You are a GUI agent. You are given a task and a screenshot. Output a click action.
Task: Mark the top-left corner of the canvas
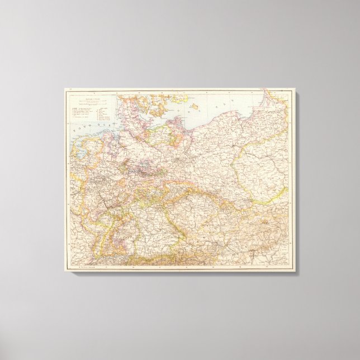pyautogui.click(x=64, y=87)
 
